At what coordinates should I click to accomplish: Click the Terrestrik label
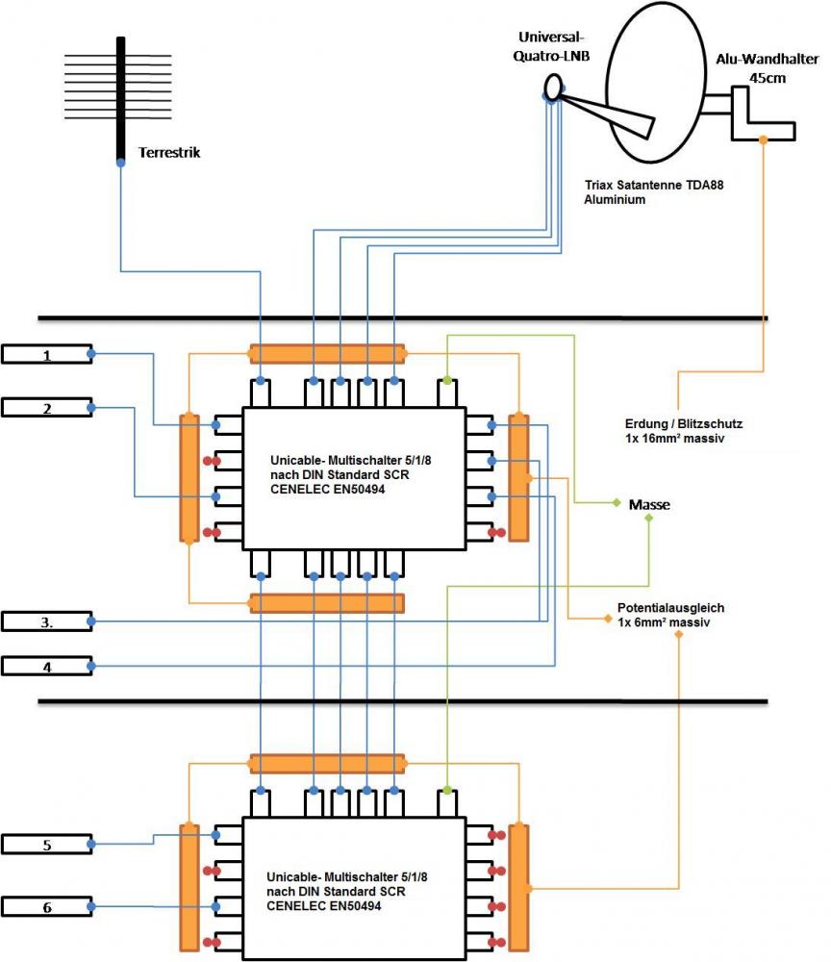pos(169,152)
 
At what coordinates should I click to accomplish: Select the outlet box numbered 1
pos(46,355)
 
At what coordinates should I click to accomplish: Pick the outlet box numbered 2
pos(46,409)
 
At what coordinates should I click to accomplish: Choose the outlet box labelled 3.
pos(46,621)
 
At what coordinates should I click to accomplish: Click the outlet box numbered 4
pos(46,665)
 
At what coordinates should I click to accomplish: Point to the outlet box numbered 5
pos(46,845)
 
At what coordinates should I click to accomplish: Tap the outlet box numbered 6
pos(46,906)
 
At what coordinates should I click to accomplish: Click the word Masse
pos(649,504)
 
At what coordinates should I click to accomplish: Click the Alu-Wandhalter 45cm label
pos(767,68)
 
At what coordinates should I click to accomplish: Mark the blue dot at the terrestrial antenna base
pos(120,163)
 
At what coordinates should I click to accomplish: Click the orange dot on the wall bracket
pos(764,139)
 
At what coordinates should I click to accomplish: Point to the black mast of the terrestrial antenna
pos(120,96)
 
